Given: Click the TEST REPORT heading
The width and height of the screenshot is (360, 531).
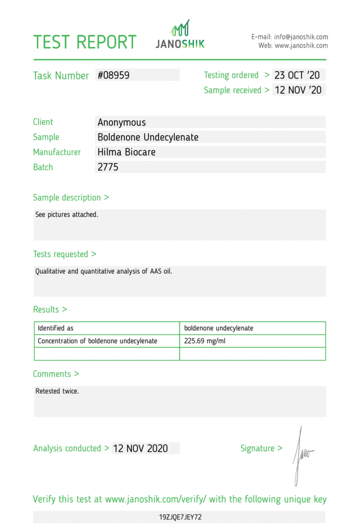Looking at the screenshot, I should coord(85,42).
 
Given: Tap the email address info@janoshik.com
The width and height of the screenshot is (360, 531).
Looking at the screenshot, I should coord(301,37).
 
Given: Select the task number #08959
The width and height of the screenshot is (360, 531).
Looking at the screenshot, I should coord(113,75).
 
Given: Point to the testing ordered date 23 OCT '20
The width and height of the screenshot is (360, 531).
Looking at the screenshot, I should coord(297,75).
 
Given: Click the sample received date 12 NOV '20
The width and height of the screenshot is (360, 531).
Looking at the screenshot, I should coord(298,90).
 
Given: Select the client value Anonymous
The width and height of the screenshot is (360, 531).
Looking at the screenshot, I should coord(121,122).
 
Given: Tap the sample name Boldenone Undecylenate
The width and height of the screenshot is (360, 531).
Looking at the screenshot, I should coord(148,137).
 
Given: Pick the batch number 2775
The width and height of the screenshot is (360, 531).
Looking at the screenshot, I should coord(108,167).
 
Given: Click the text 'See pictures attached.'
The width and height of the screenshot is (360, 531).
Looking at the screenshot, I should coord(66,214).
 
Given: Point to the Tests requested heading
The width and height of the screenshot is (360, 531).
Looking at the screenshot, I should coord(64,254).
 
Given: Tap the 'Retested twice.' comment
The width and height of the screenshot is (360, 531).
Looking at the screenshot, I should coord(57,391).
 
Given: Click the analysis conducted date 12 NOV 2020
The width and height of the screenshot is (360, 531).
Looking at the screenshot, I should coord(140,449).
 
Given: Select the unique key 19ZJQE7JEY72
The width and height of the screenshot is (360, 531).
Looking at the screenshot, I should coord(180,517).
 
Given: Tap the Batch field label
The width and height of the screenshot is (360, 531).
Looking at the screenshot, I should coord(43,167).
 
